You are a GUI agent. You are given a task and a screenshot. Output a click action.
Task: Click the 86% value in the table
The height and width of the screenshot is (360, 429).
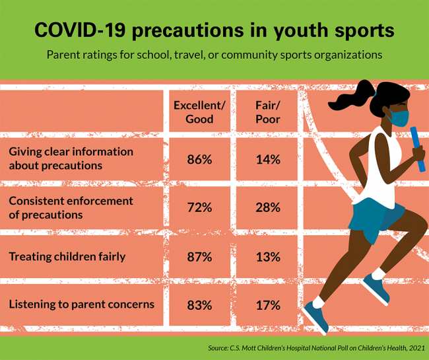coord(199,159)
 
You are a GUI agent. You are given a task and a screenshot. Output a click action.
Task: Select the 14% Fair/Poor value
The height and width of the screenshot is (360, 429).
coord(269,159)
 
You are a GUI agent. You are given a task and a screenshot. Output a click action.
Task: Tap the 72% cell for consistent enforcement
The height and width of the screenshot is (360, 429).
coord(199,207)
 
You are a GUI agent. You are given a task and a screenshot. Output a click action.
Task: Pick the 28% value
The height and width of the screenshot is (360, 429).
coord(269,207)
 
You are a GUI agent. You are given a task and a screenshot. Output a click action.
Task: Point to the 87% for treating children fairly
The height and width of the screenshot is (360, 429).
coord(199,256)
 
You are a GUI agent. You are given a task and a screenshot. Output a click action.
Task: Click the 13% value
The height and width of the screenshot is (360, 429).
coord(269,256)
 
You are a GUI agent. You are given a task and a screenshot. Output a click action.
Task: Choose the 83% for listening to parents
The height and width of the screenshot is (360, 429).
coord(199,305)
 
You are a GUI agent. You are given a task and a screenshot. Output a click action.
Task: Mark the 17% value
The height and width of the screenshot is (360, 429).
coord(269,305)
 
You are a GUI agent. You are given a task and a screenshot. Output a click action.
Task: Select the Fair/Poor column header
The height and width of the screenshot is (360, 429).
coord(267,112)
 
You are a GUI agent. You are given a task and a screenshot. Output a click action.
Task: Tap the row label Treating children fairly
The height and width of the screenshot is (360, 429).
coord(67,256)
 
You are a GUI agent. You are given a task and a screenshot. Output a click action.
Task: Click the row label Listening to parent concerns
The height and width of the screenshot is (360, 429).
coord(81,305)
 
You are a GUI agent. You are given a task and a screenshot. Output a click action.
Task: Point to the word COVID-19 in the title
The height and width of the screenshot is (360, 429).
coord(80,30)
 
